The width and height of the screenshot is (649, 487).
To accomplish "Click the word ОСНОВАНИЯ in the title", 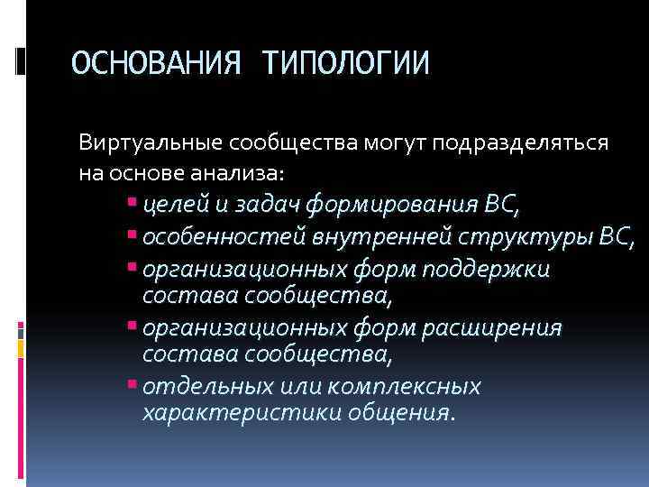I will (x=155, y=63).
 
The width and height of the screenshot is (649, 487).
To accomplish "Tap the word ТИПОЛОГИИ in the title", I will (x=345, y=63).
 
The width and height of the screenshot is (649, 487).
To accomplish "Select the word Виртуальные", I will (x=151, y=142).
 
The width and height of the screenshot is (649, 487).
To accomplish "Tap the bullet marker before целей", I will (x=133, y=204).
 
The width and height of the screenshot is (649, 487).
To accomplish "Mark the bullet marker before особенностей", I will (x=133, y=236).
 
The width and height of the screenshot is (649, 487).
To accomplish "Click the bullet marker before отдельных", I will (x=133, y=385).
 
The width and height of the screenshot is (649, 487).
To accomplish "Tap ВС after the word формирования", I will (x=501, y=206).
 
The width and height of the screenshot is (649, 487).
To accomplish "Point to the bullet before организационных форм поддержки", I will (x=133, y=268).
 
